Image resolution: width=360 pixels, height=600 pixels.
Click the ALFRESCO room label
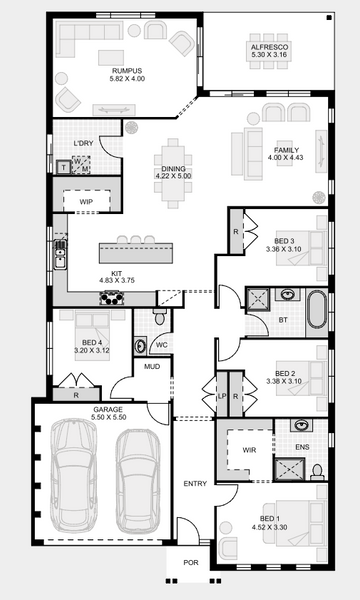point(269,47)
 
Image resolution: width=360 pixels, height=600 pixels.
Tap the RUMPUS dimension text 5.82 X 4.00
point(127,79)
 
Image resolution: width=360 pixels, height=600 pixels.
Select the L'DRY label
point(83,143)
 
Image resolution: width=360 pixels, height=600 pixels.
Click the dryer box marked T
point(64,167)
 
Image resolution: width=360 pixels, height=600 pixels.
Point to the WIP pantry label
point(86,202)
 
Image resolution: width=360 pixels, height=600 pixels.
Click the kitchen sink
point(60,254)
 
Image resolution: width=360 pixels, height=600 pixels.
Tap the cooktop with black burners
point(112,298)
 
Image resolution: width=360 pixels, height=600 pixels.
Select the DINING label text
point(173,169)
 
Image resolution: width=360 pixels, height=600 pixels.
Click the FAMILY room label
point(286,150)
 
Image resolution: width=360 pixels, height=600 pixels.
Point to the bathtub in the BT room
point(317,310)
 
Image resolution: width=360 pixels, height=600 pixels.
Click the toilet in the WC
point(160,316)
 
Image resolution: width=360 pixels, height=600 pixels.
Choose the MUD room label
point(152,367)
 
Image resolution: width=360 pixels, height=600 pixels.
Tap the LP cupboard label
point(222,396)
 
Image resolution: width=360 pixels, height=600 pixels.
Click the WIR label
point(249,450)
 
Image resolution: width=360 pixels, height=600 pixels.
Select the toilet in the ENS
point(317,473)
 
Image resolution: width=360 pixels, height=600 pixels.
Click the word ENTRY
point(195,484)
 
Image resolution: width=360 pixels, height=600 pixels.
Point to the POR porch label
point(191,562)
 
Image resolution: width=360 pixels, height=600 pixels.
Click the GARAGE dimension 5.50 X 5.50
point(109,417)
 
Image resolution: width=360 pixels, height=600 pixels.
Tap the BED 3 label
point(284,241)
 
